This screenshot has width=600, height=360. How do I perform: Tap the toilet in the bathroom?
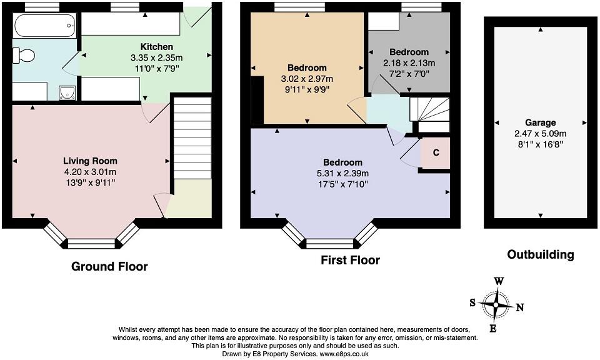(25, 56)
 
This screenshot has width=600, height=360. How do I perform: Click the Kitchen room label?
(156, 47)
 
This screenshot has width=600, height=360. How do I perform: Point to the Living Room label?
(91, 161)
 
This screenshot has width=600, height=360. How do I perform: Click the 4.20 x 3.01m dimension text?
(91, 172)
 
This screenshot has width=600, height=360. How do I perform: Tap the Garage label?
(540, 123)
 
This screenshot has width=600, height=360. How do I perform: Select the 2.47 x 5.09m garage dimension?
(540, 134)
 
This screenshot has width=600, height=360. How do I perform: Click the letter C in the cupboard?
(436, 153)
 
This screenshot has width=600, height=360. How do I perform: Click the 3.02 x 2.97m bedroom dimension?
(307, 79)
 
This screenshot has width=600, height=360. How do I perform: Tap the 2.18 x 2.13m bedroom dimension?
(409, 63)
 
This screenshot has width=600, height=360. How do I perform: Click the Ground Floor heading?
(109, 267)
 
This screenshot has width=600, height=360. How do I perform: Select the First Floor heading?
(350, 260)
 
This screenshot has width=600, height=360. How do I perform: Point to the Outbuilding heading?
(540, 255)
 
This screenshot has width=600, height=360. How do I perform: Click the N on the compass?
(520, 307)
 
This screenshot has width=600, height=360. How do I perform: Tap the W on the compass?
(499, 281)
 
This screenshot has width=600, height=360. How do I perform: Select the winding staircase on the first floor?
(430, 111)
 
